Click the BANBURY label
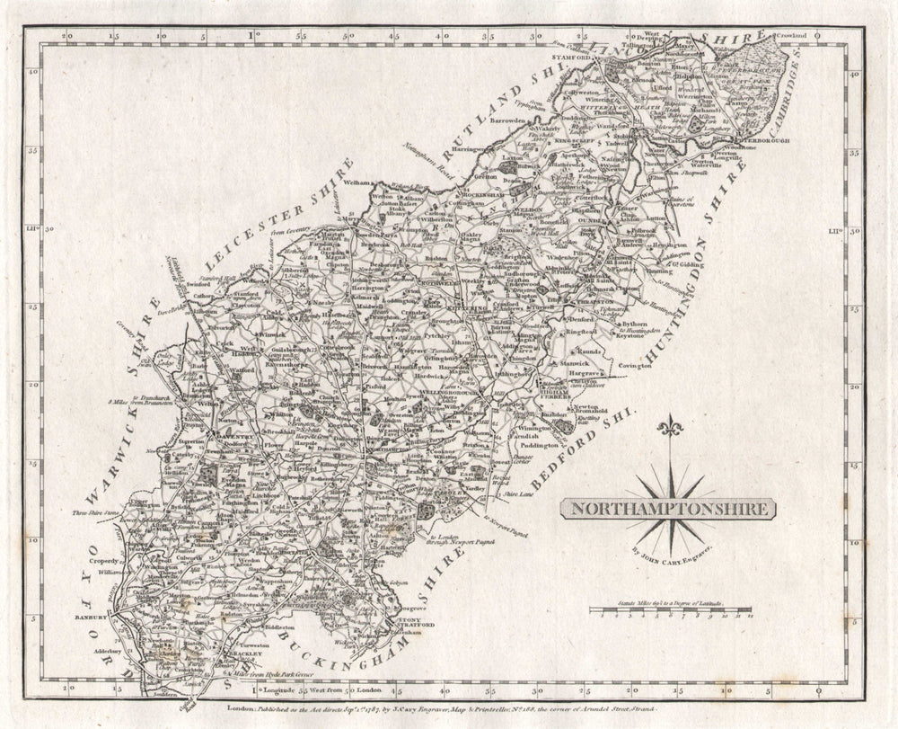[x=90, y=618]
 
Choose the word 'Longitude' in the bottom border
[x=280, y=690]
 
